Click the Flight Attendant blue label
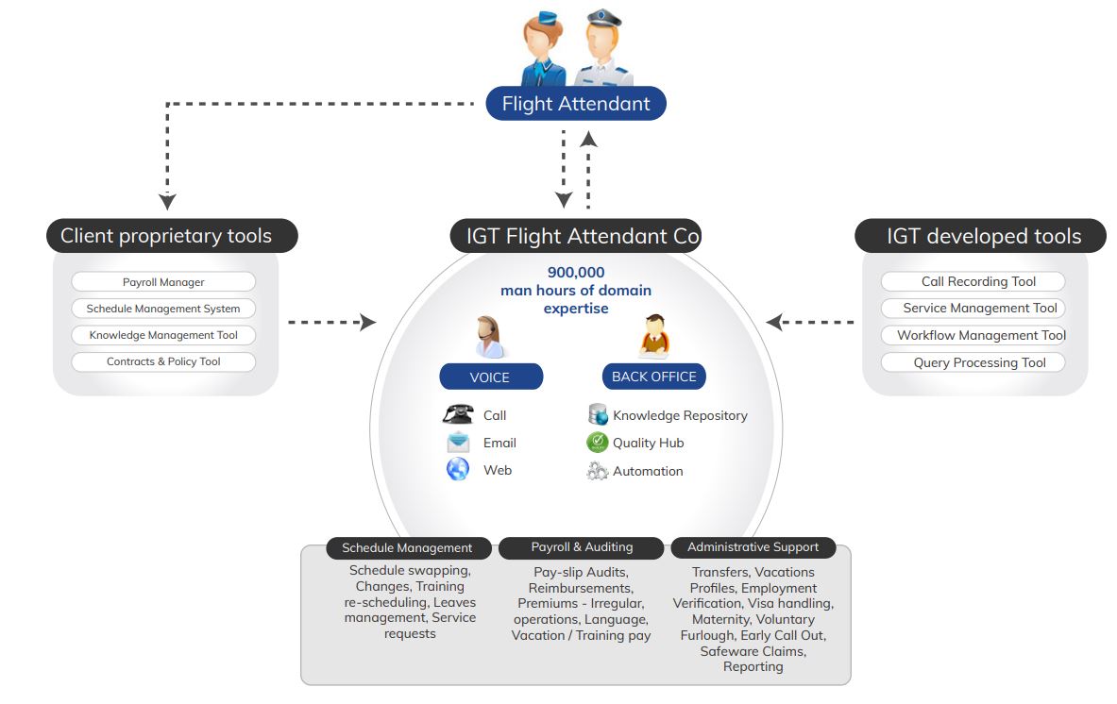click(x=575, y=104)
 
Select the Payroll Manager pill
click(x=163, y=282)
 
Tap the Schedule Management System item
click(x=163, y=309)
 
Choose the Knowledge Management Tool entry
click(x=163, y=335)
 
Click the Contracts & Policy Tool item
click(x=163, y=361)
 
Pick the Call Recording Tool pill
click(x=973, y=281)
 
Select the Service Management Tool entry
click(x=973, y=308)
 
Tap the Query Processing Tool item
click(x=973, y=362)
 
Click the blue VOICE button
click(x=490, y=377)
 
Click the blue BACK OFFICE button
click(x=653, y=377)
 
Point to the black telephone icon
click(x=458, y=414)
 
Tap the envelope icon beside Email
click(x=458, y=443)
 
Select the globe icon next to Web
click(x=458, y=469)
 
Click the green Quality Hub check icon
click(x=597, y=443)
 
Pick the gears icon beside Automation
click(x=597, y=471)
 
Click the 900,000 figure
click(x=576, y=273)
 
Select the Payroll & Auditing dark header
click(x=582, y=547)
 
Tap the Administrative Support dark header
click(x=753, y=547)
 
